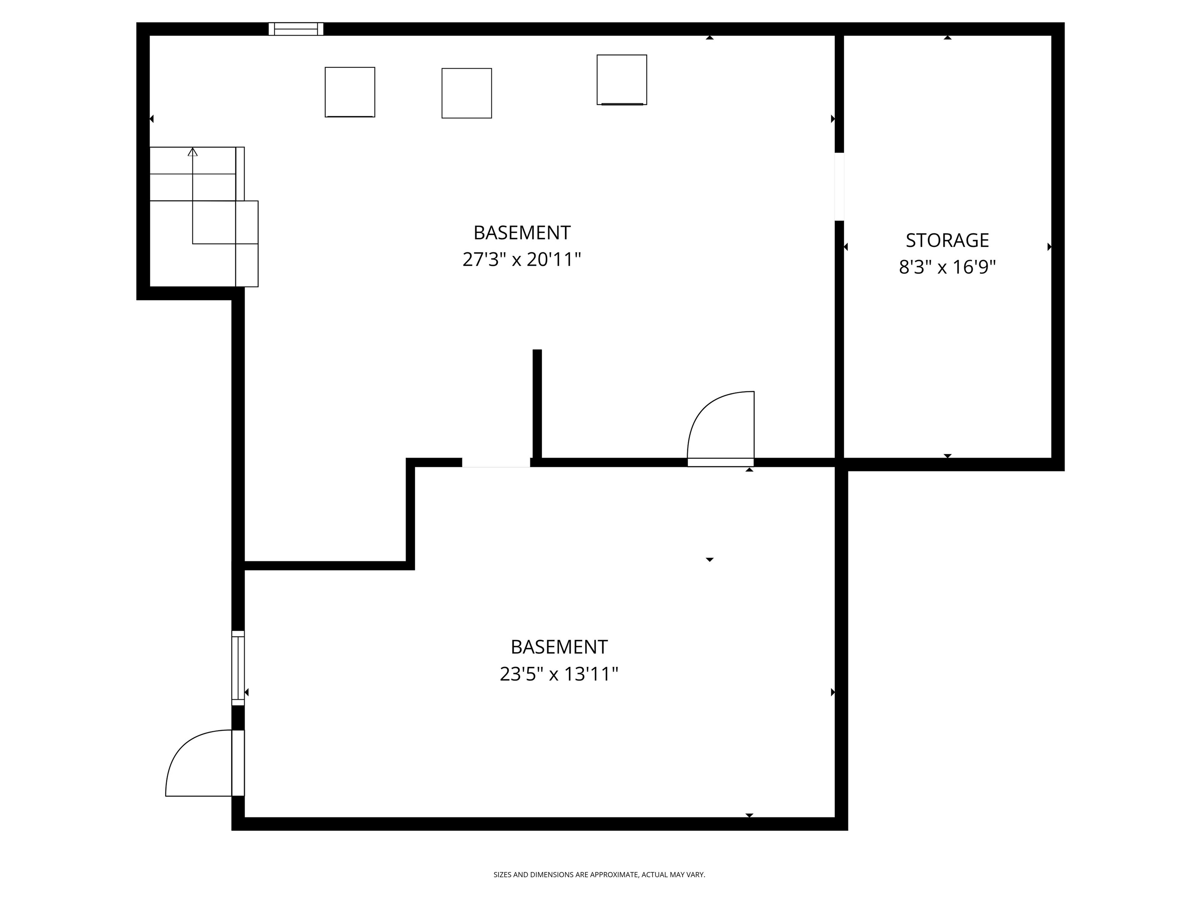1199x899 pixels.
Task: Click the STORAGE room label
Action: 947,240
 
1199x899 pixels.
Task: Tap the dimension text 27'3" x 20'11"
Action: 521,259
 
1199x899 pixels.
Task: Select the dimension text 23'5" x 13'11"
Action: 559,674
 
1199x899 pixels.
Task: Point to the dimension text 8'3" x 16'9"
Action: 947,267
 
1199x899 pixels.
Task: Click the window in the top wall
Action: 296,29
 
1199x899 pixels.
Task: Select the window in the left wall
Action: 238,668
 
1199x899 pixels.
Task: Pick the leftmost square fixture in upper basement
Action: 350,92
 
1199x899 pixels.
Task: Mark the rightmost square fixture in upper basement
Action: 622,80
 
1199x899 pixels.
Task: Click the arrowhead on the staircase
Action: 192,152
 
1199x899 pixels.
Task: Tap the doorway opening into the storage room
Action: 839,187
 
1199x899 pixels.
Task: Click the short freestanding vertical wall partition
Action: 537,404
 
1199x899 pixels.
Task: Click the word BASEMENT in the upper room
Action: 521,233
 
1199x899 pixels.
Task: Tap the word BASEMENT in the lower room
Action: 559,647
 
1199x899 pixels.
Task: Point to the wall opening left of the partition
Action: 495,462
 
